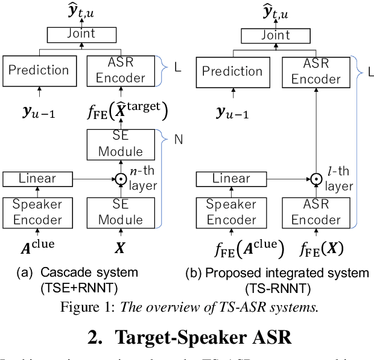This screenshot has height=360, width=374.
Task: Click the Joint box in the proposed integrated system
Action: click(x=276, y=36)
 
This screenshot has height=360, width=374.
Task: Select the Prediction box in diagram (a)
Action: click(x=39, y=70)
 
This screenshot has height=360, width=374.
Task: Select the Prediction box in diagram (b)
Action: click(x=232, y=71)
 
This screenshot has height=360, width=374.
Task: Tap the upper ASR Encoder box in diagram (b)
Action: click(x=317, y=71)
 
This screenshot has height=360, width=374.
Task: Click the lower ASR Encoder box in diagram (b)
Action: click(x=317, y=212)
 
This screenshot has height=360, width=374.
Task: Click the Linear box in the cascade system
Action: click(x=37, y=179)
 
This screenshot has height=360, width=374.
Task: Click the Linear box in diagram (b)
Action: click(x=232, y=179)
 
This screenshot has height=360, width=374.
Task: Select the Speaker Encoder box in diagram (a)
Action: click(x=37, y=212)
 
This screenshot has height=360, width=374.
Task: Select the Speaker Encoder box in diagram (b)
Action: click(x=232, y=212)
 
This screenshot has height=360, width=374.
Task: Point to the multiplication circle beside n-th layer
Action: click(x=121, y=179)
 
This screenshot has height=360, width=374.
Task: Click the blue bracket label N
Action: click(x=178, y=138)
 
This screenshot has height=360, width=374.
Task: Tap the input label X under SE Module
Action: click(x=121, y=247)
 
